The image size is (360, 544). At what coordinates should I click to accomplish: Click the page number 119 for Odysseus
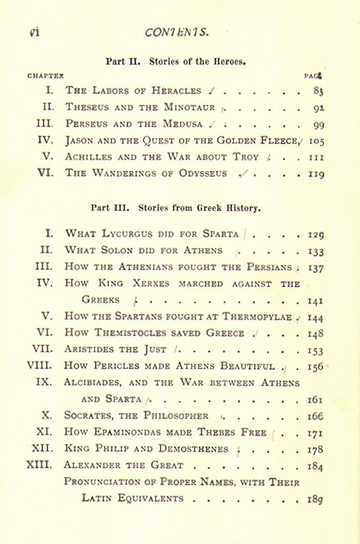317,174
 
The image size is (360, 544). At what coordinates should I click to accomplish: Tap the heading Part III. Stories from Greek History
176,207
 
